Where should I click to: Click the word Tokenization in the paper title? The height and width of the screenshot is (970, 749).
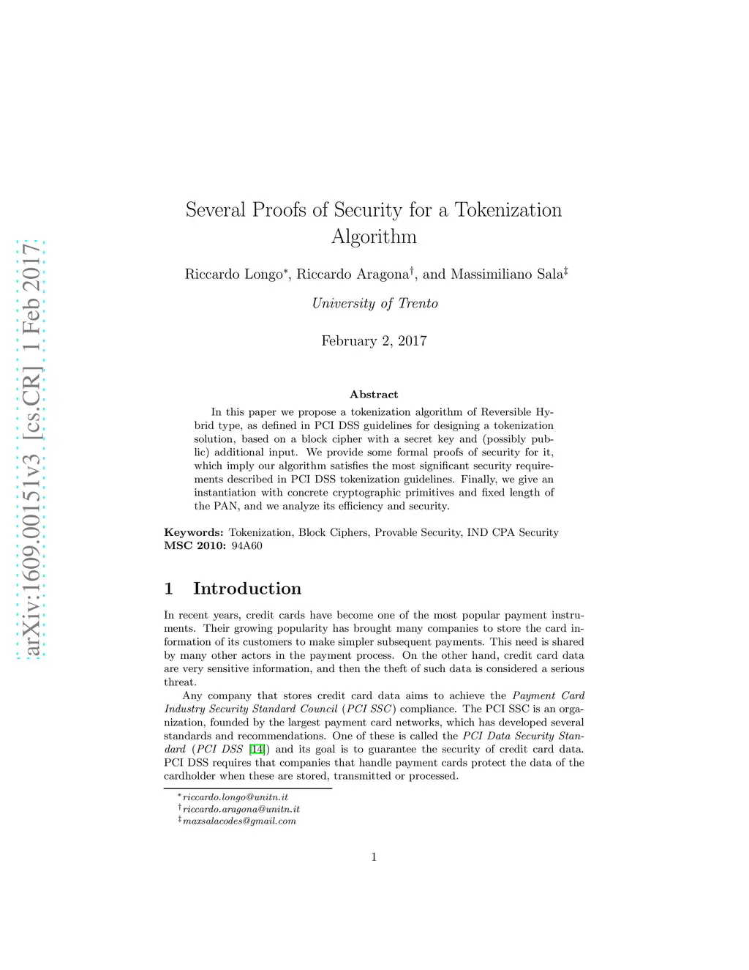click(x=508, y=210)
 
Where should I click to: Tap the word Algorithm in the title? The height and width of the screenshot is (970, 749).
click(x=374, y=236)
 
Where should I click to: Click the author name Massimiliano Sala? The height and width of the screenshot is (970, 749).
click(x=506, y=275)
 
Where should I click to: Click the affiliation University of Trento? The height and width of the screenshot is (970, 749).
click(x=374, y=304)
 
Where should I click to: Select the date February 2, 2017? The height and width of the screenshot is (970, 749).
click(x=374, y=341)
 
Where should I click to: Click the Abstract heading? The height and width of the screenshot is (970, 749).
click(x=374, y=395)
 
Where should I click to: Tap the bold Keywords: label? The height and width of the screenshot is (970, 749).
click(x=193, y=533)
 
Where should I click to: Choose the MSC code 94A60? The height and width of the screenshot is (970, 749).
click(x=246, y=546)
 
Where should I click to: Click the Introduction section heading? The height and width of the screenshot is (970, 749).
click(x=246, y=589)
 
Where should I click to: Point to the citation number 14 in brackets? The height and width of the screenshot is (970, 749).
click(x=257, y=750)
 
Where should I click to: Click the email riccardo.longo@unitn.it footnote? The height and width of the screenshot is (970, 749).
click(x=235, y=797)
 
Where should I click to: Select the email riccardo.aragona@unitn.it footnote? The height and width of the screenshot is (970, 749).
click(x=241, y=809)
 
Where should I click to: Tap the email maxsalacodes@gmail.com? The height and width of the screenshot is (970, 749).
click(x=239, y=821)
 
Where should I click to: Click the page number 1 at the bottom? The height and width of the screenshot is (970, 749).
click(x=374, y=857)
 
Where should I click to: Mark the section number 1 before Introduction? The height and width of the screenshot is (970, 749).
click(x=169, y=589)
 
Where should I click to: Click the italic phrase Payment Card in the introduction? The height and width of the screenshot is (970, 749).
click(x=548, y=695)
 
